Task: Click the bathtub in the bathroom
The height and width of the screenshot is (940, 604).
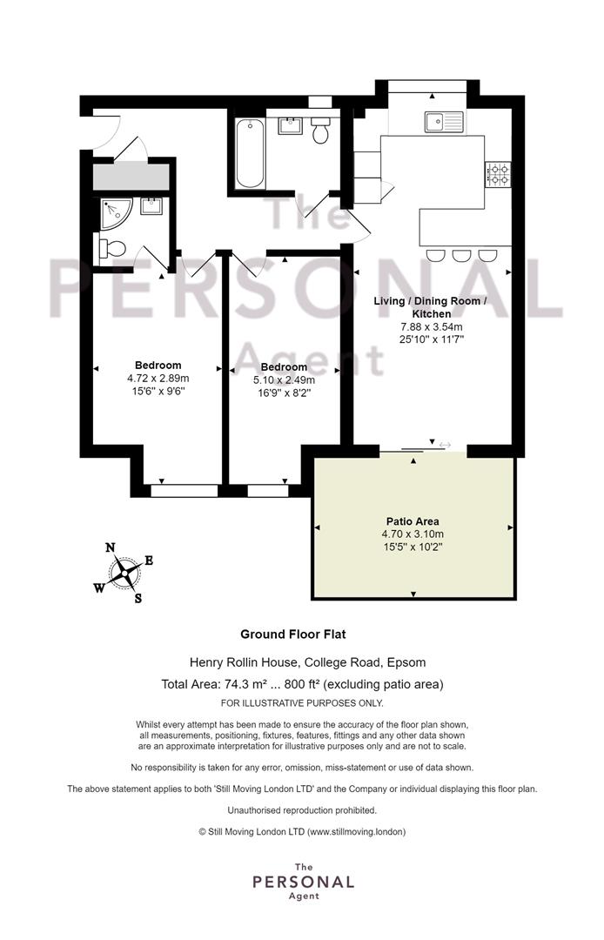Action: click(x=249, y=154)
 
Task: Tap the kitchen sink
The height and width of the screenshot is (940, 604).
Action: click(x=445, y=122)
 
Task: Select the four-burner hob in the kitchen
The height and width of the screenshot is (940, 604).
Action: click(x=498, y=174)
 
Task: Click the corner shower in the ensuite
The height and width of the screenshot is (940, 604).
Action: click(x=116, y=214)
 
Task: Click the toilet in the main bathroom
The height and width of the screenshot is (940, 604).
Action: click(x=320, y=130)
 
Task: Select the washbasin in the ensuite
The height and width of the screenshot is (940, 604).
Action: click(x=151, y=206)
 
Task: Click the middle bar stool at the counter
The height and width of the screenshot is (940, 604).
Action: click(x=461, y=255)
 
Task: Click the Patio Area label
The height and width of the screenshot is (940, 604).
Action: click(x=413, y=521)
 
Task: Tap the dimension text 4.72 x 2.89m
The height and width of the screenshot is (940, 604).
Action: click(x=158, y=379)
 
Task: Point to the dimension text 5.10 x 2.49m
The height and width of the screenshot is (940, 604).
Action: click(x=284, y=380)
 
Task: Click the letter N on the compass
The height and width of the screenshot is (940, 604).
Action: click(x=111, y=547)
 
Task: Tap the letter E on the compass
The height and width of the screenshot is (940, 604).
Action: click(x=149, y=561)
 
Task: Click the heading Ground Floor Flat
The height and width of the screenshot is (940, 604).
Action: click(x=293, y=634)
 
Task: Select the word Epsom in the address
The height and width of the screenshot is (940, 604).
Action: click(x=406, y=663)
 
